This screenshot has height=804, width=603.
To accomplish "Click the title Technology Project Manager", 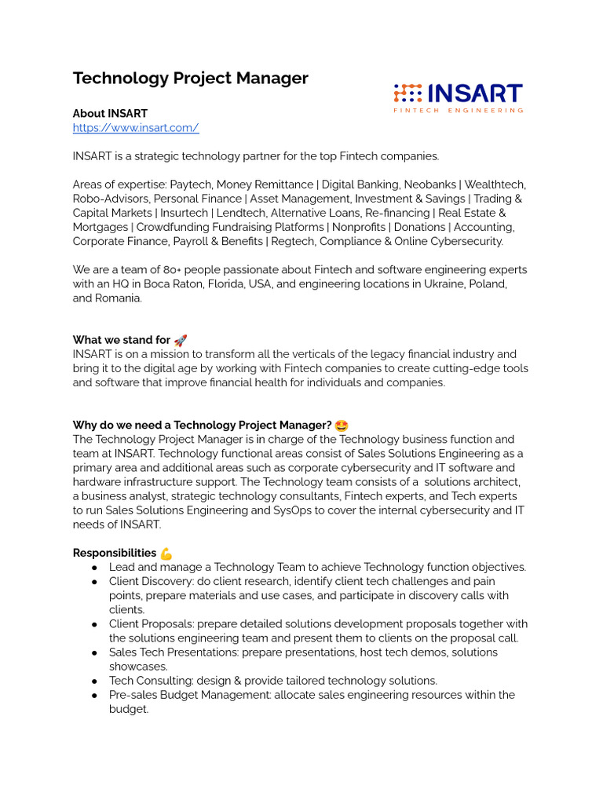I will click(x=190, y=79).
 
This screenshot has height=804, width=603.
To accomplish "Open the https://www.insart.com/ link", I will click(x=136, y=128).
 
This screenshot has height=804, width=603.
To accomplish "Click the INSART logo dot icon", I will click(x=407, y=94).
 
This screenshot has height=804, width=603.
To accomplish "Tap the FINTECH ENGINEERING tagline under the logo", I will click(x=458, y=111).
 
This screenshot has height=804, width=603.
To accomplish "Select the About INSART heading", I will click(x=110, y=114).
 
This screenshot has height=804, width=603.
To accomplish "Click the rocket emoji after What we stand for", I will click(x=181, y=340).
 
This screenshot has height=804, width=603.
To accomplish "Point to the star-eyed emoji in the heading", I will click(x=342, y=426).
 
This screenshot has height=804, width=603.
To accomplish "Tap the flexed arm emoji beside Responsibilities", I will click(x=166, y=554).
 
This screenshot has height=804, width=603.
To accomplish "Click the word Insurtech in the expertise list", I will click(x=185, y=213).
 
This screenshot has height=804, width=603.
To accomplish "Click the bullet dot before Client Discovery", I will click(x=94, y=582).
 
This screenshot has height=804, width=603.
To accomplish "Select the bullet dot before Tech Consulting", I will click(x=94, y=681).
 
